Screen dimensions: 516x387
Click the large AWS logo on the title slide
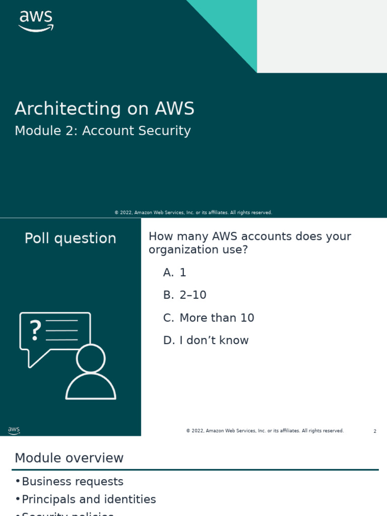[36, 21]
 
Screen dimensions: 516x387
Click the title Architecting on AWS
[104, 109]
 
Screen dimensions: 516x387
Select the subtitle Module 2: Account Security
[103, 131]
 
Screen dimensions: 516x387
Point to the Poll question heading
[71, 238]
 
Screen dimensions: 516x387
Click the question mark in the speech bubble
[35, 330]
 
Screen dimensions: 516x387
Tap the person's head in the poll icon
[91, 358]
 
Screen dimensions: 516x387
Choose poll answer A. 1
[175, 273]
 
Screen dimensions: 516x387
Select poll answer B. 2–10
[185, 295]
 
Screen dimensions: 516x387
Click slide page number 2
[375, 431]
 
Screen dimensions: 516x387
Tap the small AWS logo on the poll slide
[14, 431]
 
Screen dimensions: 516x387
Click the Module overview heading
[69, 458]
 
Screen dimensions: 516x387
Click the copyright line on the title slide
[193, 213]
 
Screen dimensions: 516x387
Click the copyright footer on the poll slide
[265, 431]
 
